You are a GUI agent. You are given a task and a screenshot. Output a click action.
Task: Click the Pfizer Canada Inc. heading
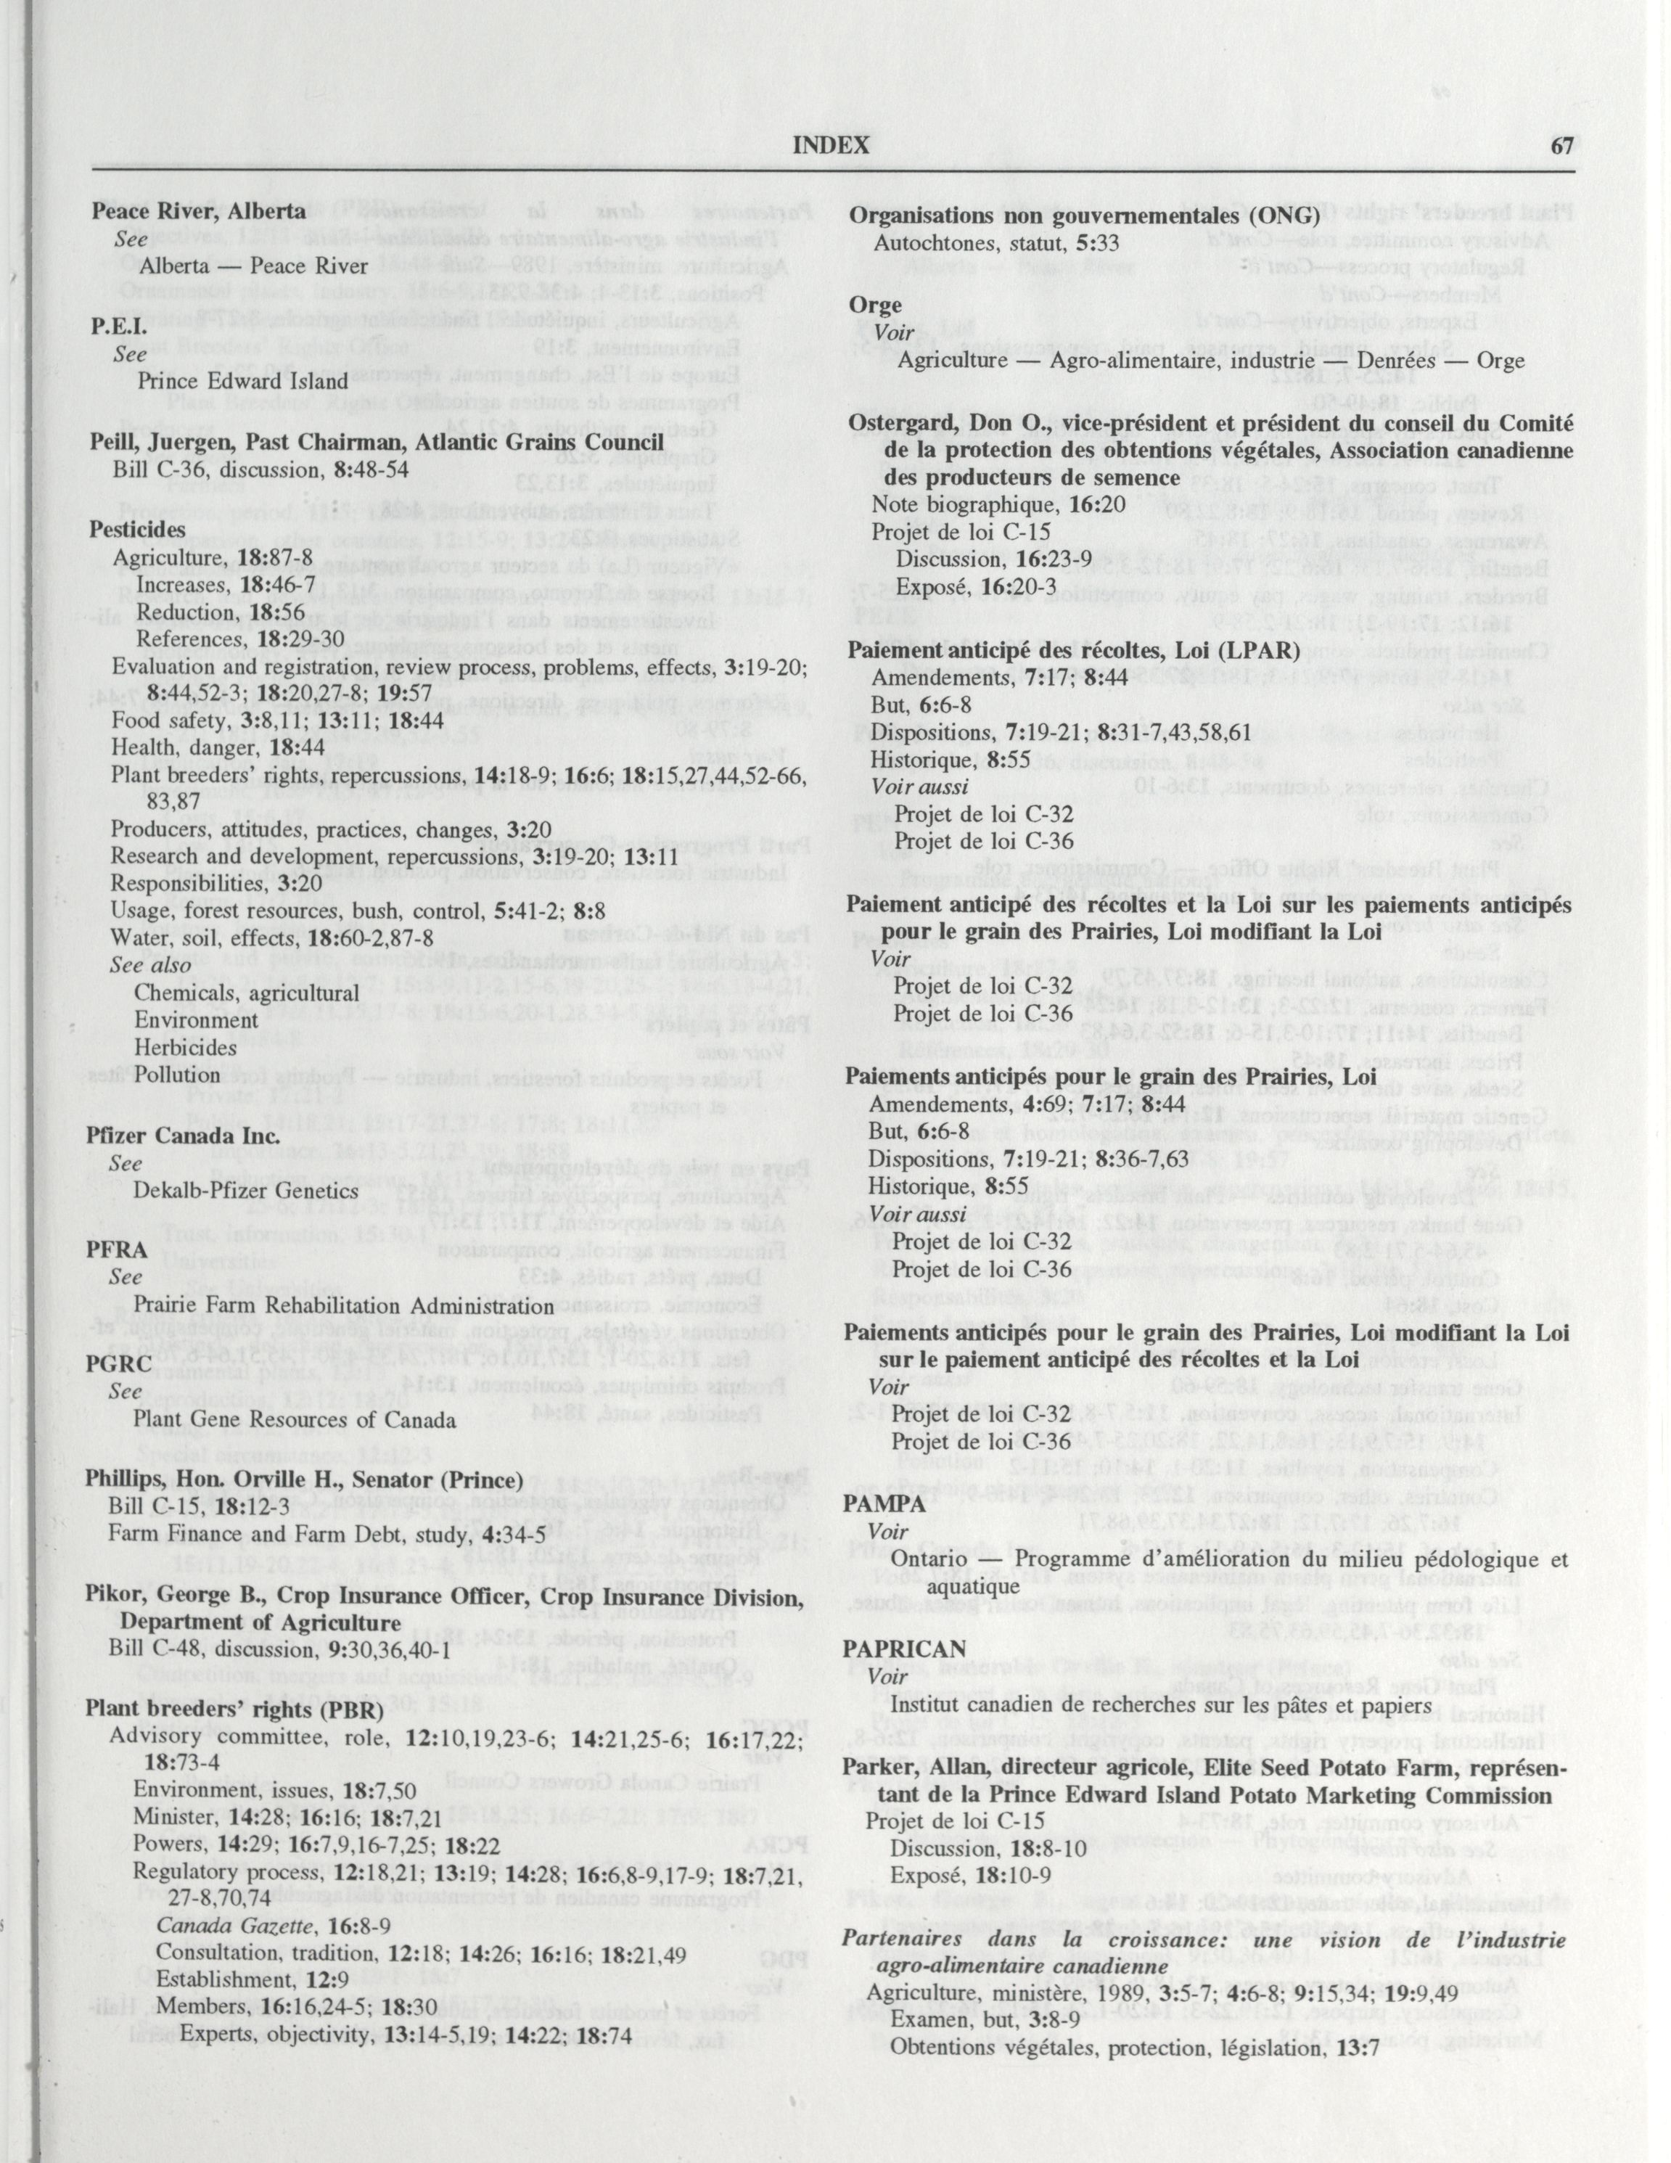[x=173, y=1136]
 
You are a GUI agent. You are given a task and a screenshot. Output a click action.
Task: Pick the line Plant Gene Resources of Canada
[x=295, y=1419]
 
